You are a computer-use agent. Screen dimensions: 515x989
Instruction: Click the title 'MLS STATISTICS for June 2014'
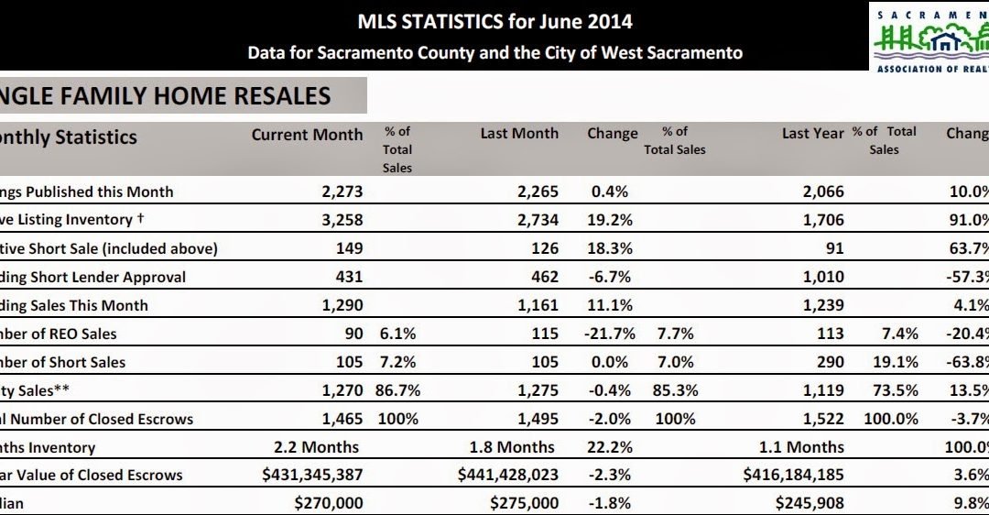tap(494, 21)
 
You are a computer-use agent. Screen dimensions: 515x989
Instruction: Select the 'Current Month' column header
tap(307, 135)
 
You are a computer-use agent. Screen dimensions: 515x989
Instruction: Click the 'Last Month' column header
tap(519, 134)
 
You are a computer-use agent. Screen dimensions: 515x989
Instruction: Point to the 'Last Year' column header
tap(812, 134)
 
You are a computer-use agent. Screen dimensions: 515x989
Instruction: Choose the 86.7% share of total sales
tap(397, 390)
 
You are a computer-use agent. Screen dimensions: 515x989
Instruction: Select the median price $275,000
tap(524, 502)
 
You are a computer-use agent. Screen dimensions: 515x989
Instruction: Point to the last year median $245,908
tap(810, 502)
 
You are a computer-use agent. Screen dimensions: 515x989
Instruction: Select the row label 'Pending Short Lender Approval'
tap(92, 277)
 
